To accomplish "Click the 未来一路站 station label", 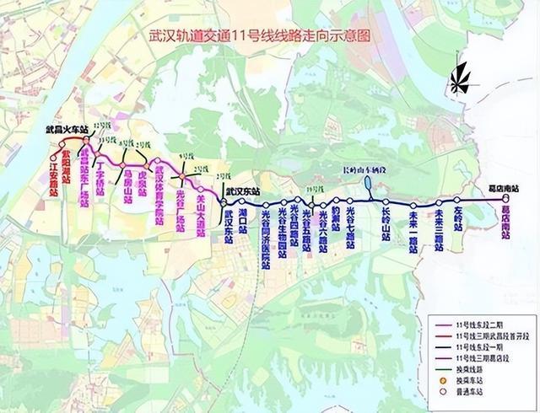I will [414, 228].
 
